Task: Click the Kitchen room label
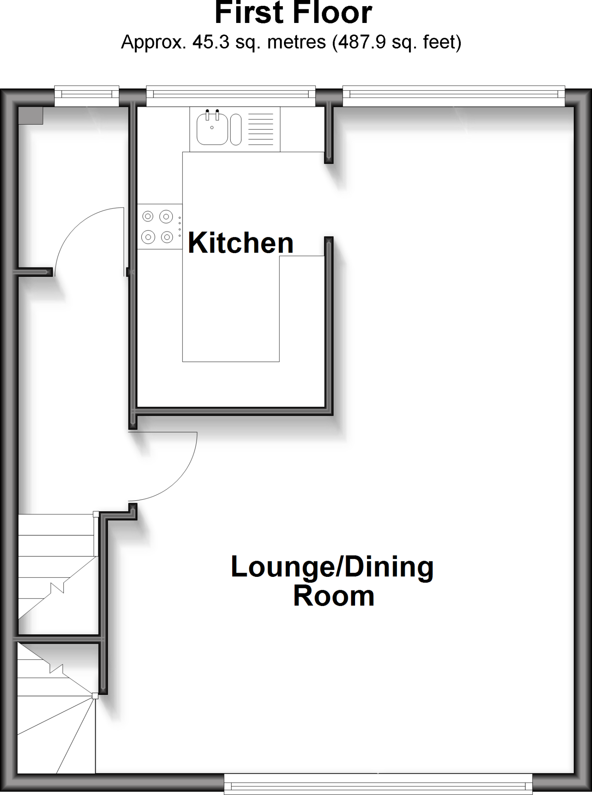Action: tap(240, 243)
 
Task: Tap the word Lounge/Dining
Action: tap(332, 567)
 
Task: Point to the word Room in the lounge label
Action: tap(333, 597)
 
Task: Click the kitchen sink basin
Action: tap(212, 128)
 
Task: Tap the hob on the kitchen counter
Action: tap(159, 227)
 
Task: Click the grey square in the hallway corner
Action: tap(31, 116)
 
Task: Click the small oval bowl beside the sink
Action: tap(236, 129)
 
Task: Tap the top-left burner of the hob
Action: tap(148, 216)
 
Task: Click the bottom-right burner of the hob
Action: tap(167, 236)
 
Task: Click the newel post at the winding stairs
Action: tap(95, 696)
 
